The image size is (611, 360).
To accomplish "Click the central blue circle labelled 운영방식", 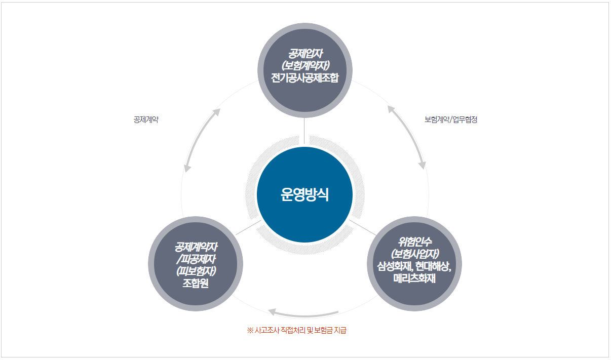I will pos(304,195).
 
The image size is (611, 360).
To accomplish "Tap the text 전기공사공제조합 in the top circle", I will pos(304,78).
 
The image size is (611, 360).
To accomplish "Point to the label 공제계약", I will pos(146,120).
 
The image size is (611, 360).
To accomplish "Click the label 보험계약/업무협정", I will pos(451,120).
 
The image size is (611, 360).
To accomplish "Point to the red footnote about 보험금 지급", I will pos(296,331).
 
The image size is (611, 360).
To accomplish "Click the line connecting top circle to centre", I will pos(304,131).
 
